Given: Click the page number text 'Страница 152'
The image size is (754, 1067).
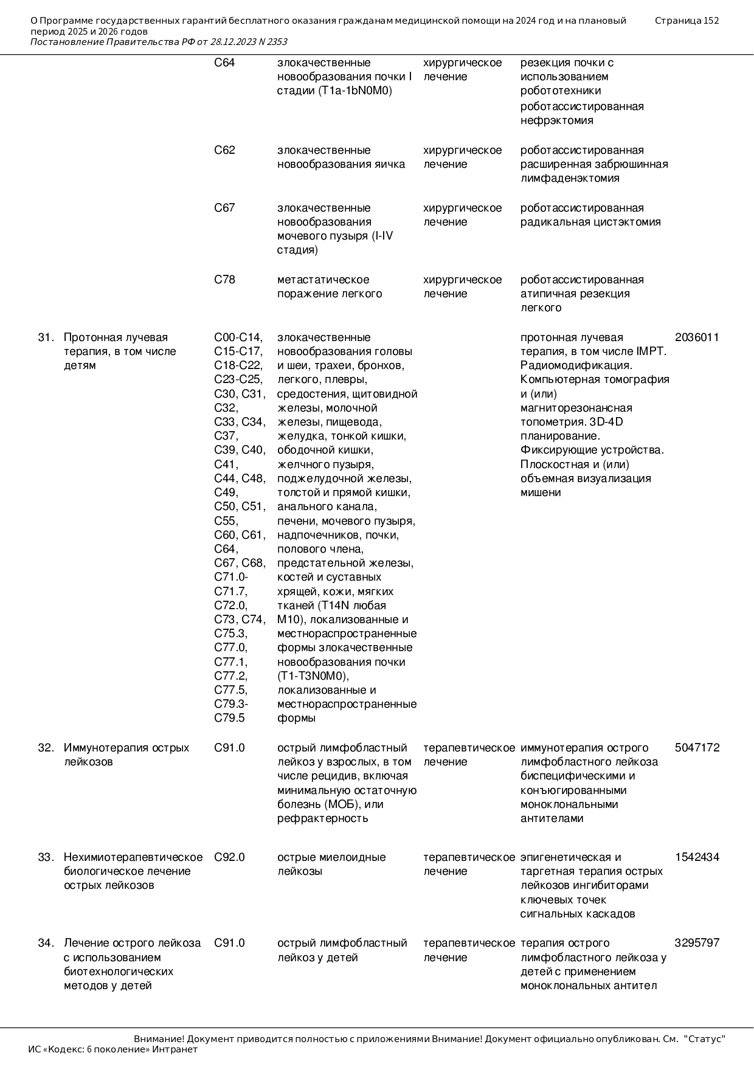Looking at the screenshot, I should pyautogui.click(x=687, y=21).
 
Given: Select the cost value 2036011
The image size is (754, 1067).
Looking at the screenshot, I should pyautogui.click(x=697, y=337).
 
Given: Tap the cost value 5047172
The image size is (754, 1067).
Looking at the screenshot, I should pyautogui.click(x=697, y=748).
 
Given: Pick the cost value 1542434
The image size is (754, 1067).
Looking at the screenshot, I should pyautogui.click(x=697, y=857).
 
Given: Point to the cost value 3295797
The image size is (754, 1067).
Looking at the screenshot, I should pyautogui.click(x=697, y=943).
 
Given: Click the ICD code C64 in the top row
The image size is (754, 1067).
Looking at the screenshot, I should pyautogui.click(x=224, y=63).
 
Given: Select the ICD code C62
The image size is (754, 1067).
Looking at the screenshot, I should pyautogui.click(x=224, y=150).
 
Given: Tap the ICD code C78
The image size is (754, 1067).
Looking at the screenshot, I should pyautogui.click(x=224, y=280).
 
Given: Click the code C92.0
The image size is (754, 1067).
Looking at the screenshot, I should pyautogui.click(x=229, y=857).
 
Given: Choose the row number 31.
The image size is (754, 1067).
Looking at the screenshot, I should pyautogui.click(x=46, y=337).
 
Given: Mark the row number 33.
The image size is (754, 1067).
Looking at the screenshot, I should pyautogui.click(x=46, y=857).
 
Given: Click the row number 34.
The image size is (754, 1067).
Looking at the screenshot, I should pyautogui.click(x=46, y=943).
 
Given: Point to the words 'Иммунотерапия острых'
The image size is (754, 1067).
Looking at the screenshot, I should pyautogui.click(x=126, y=748).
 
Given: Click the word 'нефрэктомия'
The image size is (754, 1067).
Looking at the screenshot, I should pyautogui.click(x=556, y=120).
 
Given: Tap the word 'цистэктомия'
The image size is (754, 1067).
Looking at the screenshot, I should pyautogui.click(x=627, y=222).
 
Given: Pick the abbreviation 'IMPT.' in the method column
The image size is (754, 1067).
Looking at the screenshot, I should pyautogui.click(x=652, y=351).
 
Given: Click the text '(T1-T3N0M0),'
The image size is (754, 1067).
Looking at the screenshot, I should pyautogui.click(x=313, y=676).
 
